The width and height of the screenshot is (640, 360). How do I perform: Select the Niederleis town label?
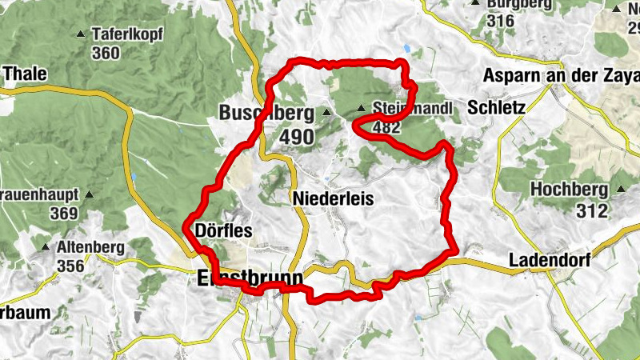pyautogui.click(x=333, y=198)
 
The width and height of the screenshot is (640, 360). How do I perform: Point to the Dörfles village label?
pyautogui.click(x=223, y=231)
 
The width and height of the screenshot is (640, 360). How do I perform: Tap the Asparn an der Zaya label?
pyautogui.click(x=562, y=76)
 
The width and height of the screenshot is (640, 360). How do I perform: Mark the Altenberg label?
pyautogui.click(x=90, y=248)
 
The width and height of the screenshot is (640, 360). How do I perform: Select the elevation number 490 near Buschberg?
pyautogui.click(x=297, y=137)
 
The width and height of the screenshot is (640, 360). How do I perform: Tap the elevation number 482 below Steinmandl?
pyautogui.click(x=386, y=126)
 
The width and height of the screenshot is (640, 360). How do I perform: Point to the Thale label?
pyautogui.click(x=25, y=74)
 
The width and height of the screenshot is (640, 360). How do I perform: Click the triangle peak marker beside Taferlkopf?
pyautogui.click(x=80, y=34)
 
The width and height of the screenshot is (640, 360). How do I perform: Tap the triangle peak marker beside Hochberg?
pyautogui.click(x=621, y=190)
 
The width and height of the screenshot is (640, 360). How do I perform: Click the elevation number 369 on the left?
pyautogui.click(x=62, y=214)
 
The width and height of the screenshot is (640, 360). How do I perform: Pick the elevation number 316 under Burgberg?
pyautogui.click(x=499, y=21)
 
